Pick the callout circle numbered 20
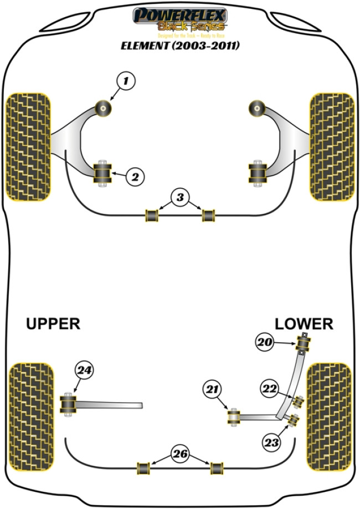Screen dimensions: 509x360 coord(265,342)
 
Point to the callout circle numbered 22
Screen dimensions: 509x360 coord(270,390)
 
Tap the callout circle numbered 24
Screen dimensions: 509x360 coord(85,371)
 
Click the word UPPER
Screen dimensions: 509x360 coord(53,324)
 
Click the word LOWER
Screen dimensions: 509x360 coord(304,324)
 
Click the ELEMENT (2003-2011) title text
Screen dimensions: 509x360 coord(180,46)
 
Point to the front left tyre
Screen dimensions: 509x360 coord(29,146)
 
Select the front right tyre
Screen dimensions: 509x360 coord(331,146)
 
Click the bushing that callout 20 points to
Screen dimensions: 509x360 coord(304,343)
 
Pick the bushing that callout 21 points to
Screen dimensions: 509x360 coord(233,417)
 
